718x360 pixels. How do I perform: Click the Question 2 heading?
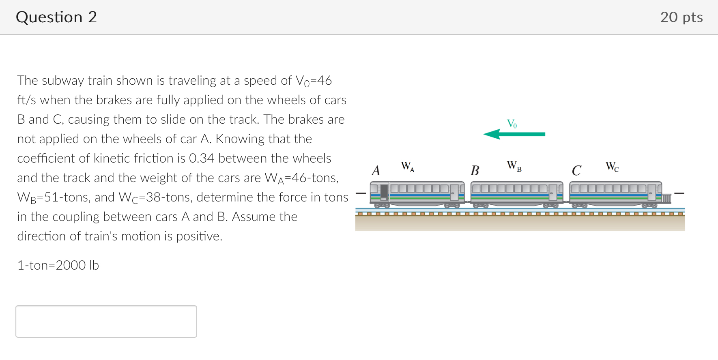coord(56,17)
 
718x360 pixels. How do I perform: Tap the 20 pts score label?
coord(681,17)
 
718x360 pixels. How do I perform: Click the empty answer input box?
coord(106,321)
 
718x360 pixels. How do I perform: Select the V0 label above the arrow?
coord(512,123)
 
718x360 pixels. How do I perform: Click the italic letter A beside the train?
coord(376,170)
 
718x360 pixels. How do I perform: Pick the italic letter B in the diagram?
coord(475,170)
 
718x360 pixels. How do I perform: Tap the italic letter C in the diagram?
coord(576,170)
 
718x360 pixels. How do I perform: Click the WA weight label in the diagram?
coord(408,166)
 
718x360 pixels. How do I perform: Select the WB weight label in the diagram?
coord(514,166)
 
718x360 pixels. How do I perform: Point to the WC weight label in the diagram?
coord(612,166)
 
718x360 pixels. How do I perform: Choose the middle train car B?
coord(517,193)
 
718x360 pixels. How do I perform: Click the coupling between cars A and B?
coord(468,201)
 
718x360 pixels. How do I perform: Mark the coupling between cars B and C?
coord(566,201)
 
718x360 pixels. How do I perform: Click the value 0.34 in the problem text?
coord(201,158)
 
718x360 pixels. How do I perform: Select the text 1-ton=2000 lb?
coord(58,265)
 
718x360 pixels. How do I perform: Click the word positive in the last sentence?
coord(199,236)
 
